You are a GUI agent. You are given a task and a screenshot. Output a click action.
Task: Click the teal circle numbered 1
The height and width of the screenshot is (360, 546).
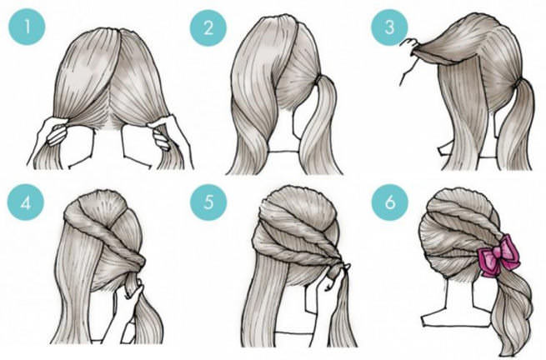point(27,27)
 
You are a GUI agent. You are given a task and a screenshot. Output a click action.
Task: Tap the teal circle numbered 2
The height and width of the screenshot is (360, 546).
point(208,27)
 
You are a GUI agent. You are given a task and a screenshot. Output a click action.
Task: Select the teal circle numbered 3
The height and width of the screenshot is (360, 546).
point(389,27)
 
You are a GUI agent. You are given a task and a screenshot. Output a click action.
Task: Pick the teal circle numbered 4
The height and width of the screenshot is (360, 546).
point(26,202)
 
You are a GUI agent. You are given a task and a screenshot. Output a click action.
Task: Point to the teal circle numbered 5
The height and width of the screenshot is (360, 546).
point(208,202)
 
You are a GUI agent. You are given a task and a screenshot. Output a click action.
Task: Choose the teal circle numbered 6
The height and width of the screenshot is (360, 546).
point(389,202)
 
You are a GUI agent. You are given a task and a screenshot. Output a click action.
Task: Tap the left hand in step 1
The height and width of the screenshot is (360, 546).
point(53,132)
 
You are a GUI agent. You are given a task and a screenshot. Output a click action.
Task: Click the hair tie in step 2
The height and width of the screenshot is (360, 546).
point(318,81)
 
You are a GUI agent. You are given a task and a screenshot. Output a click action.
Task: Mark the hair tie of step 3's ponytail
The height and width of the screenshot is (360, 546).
point(518,82)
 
